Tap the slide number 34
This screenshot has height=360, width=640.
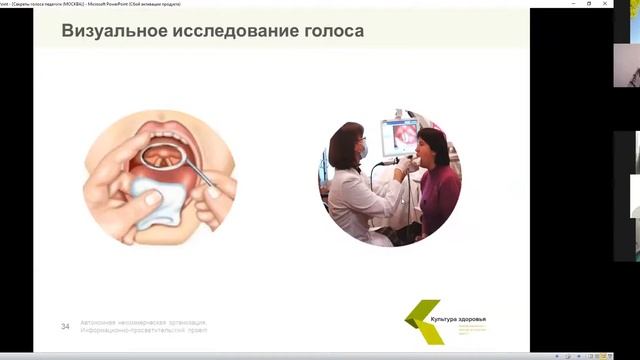coord(65,326)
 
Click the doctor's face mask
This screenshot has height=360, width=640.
coord(362,151)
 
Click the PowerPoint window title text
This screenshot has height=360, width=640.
coord(110,4)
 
